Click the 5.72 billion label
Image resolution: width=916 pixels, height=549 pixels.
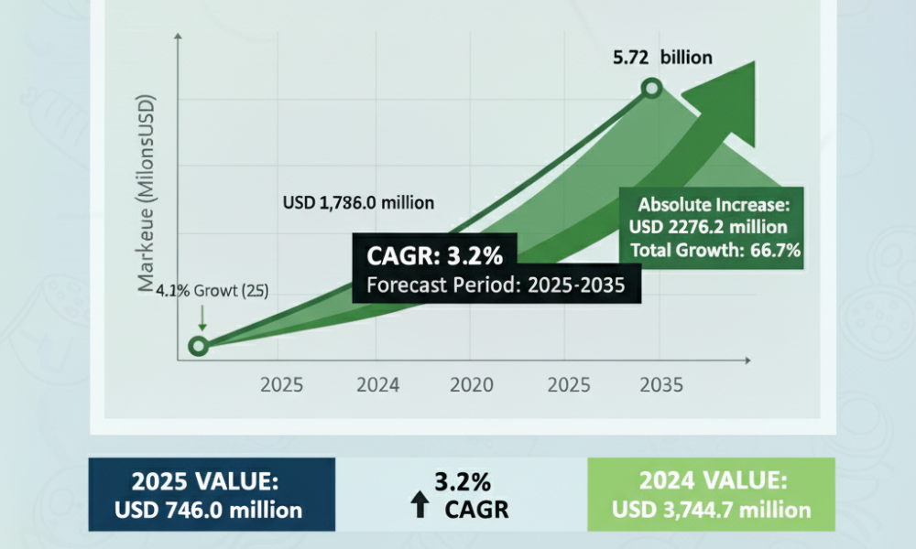(662, 57)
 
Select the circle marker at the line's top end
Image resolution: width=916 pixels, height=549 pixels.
(651, 89)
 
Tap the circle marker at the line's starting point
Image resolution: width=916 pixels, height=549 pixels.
(198, 346)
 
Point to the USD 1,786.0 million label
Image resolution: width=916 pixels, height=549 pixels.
(358, 202)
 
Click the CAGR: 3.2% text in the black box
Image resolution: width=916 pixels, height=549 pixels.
(434, 255)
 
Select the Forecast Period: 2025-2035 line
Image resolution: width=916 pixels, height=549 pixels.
(496, 285)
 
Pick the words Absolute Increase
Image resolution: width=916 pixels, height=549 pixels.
(713, 205)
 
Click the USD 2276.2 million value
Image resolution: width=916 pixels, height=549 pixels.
(708, 227)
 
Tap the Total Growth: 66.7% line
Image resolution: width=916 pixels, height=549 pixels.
(715, 251)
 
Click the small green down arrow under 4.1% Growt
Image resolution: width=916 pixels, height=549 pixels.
(202, 318)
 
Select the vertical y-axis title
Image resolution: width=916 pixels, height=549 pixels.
(146, 192)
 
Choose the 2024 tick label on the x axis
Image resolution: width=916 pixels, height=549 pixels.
(378, 385)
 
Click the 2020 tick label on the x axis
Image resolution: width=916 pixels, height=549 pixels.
(472, 385)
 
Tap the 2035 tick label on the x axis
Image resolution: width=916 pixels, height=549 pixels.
(661, 385)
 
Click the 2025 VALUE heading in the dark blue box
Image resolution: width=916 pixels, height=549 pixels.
(205, 482)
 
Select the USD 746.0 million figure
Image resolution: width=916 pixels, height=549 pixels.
(209, 511)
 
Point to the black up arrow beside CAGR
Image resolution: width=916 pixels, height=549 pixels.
(420, 504)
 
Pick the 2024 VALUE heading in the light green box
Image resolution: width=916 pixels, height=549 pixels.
(714, 480)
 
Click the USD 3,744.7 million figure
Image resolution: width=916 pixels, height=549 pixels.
(712, 510)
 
